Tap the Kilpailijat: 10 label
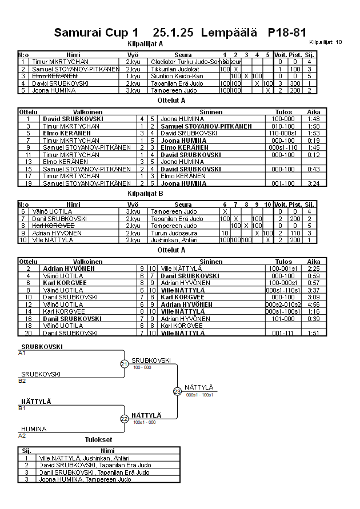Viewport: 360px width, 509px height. coord(325,42)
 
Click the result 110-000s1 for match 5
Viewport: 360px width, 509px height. coord(283,133)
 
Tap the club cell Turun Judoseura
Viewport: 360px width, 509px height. coord(174,233)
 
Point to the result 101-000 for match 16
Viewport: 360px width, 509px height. coord(283,319)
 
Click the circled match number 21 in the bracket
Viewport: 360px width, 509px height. coord(125,364)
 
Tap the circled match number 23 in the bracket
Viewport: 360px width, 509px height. coord(177,391)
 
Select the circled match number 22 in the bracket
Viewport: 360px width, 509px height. coord(125,419)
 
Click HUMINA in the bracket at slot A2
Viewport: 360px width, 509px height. coord(34,428)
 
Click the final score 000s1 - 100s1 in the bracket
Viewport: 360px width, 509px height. coord(199,395)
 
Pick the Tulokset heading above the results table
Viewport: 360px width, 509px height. coord(98,440)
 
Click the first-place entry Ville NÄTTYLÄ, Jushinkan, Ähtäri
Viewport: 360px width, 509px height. coord(84,458)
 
